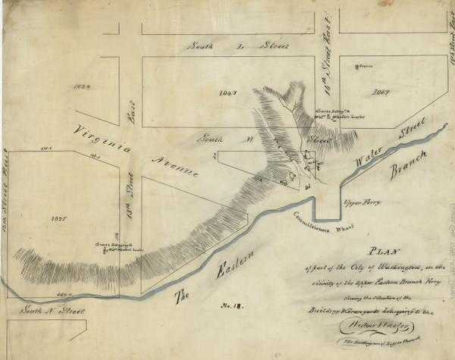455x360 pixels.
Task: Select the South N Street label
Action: pos(48,311)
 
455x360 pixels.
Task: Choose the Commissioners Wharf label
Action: pos(313,227)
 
